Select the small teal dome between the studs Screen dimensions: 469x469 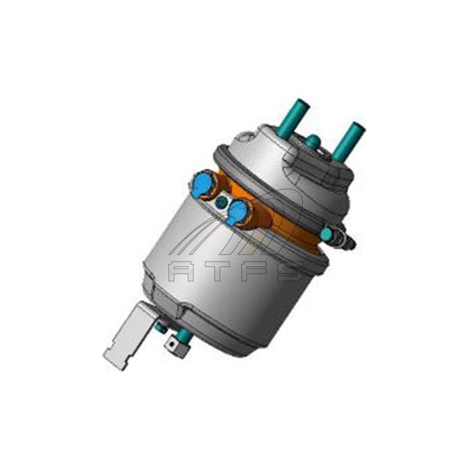tap(313, 139)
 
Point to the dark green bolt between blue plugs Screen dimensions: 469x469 tap(221, 203)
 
